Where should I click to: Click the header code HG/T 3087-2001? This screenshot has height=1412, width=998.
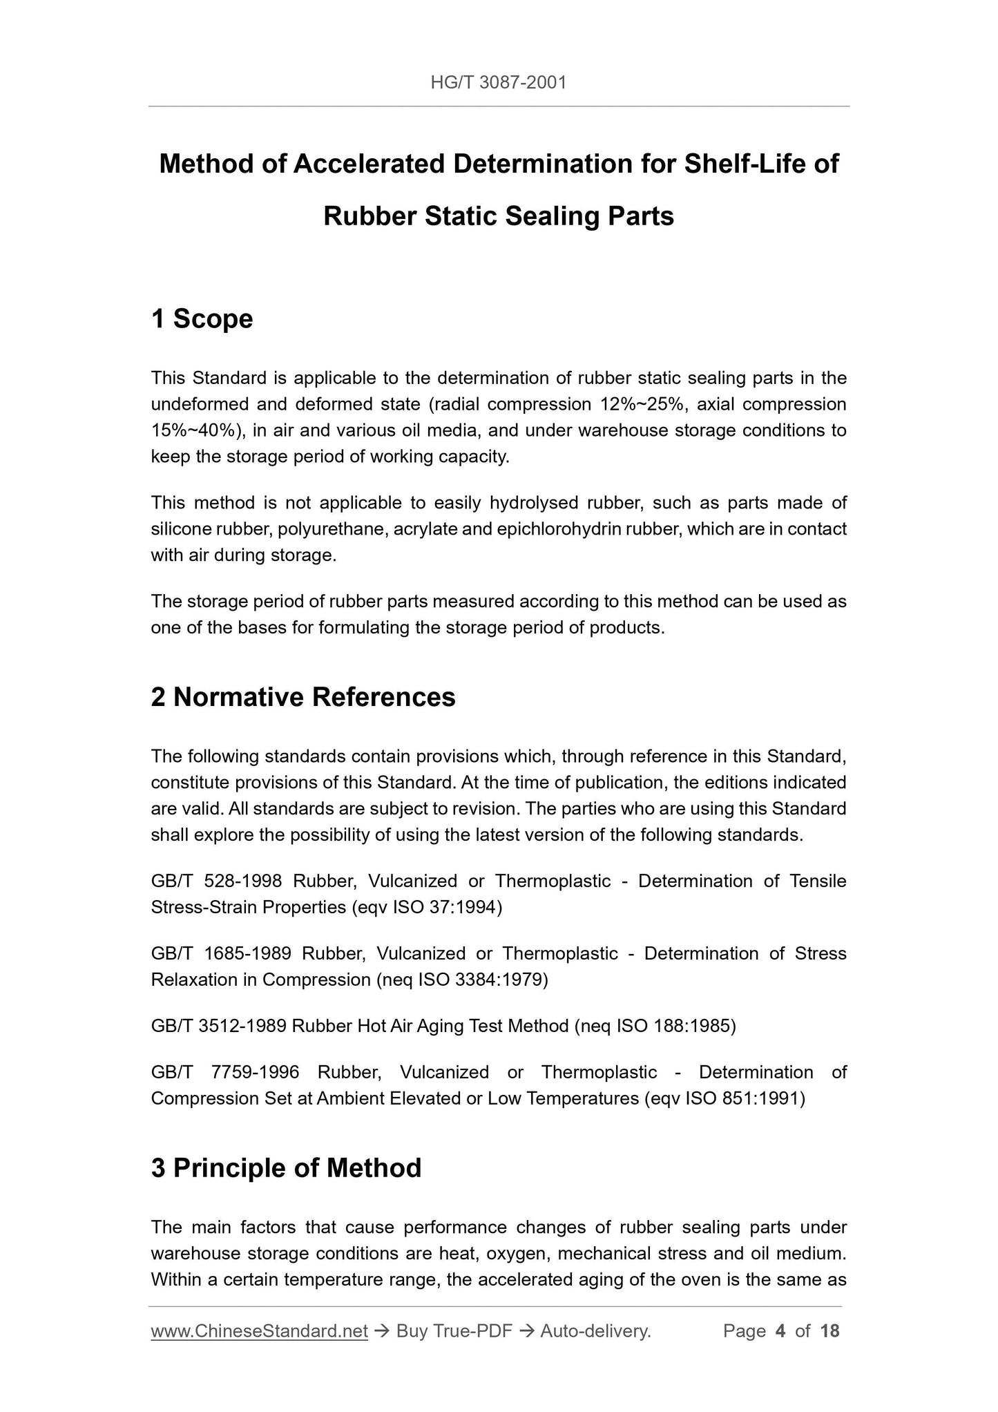[498, 83]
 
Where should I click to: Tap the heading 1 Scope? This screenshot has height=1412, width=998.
[202, 319]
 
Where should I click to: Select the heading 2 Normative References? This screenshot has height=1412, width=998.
[303, 697]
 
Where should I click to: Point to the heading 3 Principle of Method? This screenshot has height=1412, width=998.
[286, 1168]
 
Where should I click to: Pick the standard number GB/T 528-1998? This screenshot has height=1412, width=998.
[216, 881]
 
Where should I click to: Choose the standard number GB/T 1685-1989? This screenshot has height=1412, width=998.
[220, 953]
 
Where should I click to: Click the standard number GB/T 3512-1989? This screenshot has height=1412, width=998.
[218, 1026]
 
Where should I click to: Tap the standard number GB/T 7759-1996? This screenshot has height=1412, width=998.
[225, 1072]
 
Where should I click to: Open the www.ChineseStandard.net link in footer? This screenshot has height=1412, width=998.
[259, 1331]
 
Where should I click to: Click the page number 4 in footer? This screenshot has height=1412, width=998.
[780, 1331]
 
